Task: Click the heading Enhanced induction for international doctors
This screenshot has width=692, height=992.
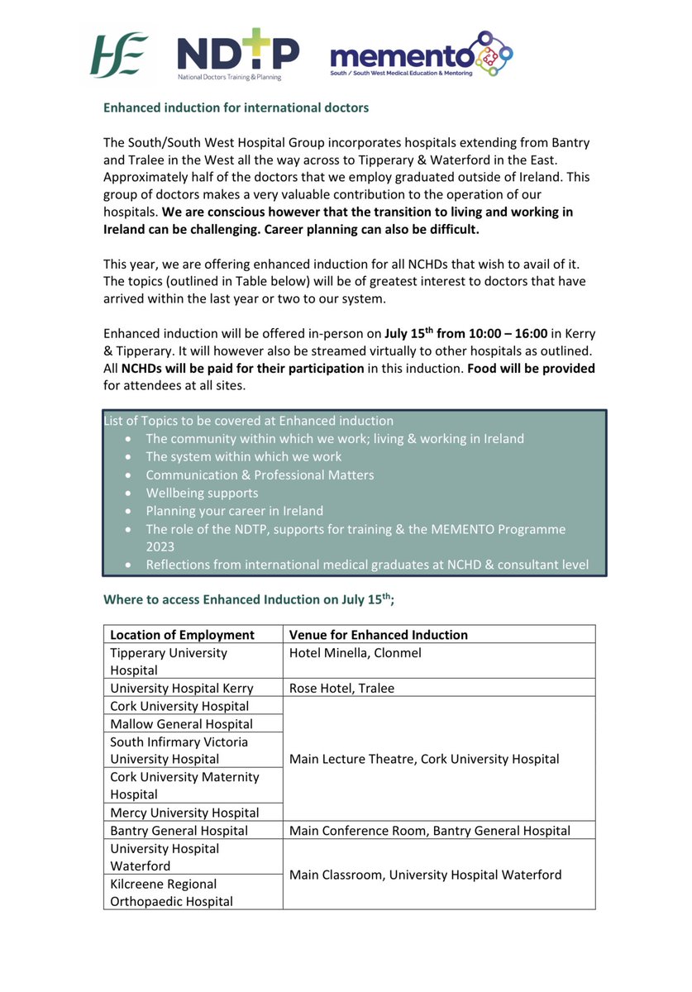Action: (236, 107)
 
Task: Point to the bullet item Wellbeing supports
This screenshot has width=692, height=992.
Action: (202, 493)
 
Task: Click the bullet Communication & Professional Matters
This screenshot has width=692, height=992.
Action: (260, 475)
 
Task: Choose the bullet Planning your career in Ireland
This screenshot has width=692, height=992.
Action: (234, 511)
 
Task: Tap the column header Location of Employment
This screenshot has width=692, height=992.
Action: (182, 635)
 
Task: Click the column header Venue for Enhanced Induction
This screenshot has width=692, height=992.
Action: (379, 635)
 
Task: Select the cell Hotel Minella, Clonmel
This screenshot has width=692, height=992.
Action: (356, 653)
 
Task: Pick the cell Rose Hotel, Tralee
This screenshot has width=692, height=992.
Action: (341, 688)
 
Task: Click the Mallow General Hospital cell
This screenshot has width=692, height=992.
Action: (182, 723)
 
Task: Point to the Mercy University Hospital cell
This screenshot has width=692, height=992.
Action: (184, 813)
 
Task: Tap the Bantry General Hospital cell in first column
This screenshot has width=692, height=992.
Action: (179, 831)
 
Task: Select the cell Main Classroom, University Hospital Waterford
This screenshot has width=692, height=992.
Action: (425, 875)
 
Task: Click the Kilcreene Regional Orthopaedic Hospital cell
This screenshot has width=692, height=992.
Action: (171, 893)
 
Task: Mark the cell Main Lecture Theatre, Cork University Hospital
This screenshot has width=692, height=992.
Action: (424, 759)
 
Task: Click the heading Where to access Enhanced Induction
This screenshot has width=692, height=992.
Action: (248, 599)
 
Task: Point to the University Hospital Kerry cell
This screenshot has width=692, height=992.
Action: (182, 688)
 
